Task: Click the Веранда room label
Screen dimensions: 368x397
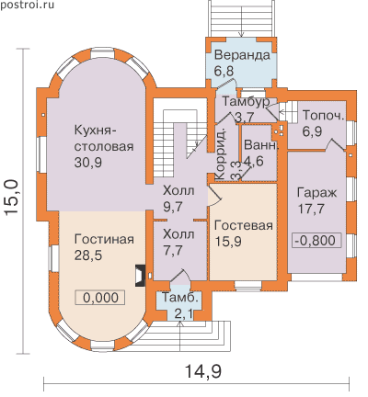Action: coord(242,55)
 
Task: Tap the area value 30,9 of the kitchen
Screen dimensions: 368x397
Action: coord(88,163)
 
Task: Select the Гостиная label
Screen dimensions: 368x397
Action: coord(104,239)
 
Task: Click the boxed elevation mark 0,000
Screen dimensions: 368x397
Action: coord(100,298)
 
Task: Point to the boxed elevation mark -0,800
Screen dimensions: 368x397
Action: coord(316,240)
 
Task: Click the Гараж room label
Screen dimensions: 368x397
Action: coord(317,193)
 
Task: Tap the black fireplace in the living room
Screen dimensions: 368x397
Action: coord(141,276)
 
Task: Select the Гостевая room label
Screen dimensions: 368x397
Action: coord(244,225)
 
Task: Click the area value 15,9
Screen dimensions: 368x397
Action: coord(228,242)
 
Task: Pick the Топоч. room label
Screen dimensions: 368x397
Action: coord(324,116)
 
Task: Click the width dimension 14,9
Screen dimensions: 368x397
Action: coord(203,371)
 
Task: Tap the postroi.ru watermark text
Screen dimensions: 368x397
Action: coord(27,5)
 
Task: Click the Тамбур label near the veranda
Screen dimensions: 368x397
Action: coord(246,101)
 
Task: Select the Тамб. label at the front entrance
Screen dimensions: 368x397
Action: coord(182,298)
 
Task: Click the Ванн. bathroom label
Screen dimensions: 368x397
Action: coord(261,145)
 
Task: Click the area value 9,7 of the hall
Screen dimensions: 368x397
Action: coord(173,207)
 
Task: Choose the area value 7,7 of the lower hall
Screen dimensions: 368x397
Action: coord(173,250)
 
